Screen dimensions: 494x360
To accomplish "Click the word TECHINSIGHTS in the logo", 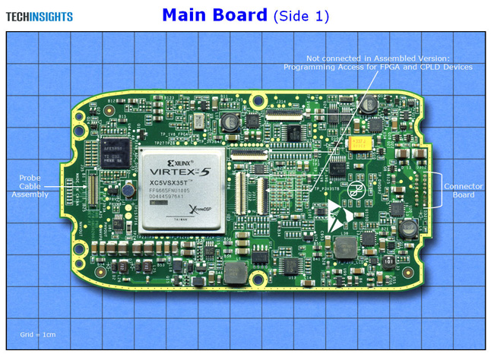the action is [x=40, y=16].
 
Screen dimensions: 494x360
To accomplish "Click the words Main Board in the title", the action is [x=214, y=15].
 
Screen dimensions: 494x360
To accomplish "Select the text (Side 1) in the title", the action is [x=301, y=16].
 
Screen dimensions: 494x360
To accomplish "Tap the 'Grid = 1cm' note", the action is [x=37, y=334].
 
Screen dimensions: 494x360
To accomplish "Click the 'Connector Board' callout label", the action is [x=459, y=191].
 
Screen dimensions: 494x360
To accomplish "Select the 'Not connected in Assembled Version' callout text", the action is [x=378, y=58].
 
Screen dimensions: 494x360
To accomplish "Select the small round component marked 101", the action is [x=388, y=260].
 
